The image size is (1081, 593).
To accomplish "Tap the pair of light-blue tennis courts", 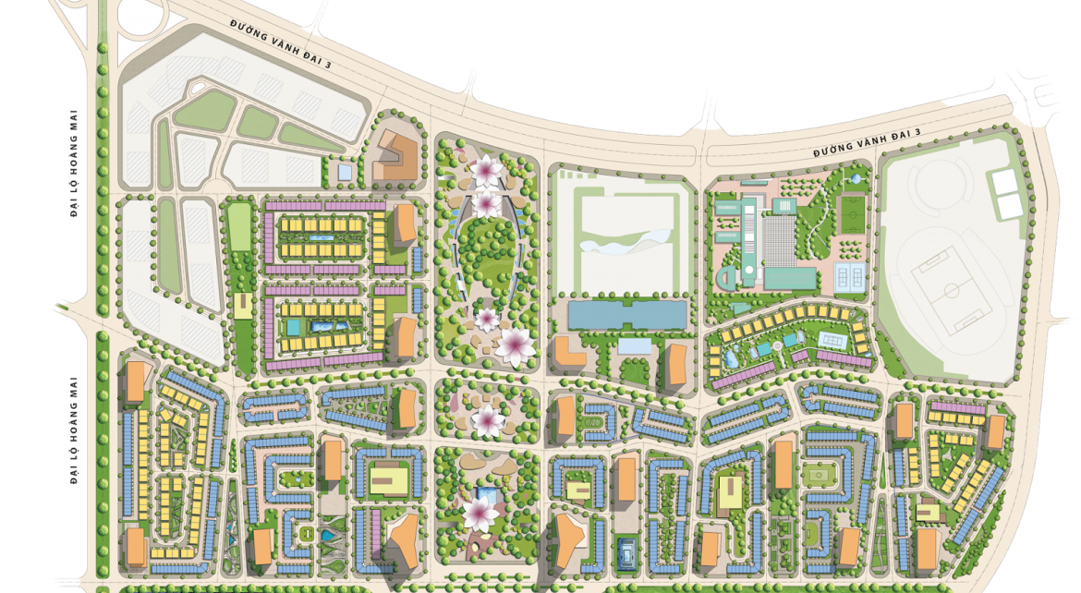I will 847,274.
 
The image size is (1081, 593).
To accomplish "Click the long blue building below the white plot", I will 628,315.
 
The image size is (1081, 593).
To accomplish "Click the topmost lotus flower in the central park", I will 484,168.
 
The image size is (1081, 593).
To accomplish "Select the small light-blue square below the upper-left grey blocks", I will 345,172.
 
